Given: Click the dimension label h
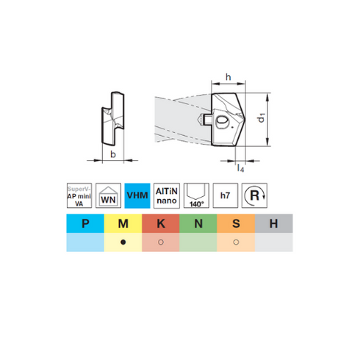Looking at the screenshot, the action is click(228, 77).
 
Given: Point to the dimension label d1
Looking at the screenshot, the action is click(261, 118).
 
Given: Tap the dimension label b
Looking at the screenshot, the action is click(113, 154).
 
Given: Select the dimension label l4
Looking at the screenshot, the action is click(240, 168).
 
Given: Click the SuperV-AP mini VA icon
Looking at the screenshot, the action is click(79, 195).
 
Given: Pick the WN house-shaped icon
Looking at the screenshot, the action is click(108, 195).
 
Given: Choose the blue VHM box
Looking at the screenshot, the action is click(137, 195).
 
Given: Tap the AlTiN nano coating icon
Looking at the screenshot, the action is click(167, 195).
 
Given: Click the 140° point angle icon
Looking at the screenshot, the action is click(196, 195).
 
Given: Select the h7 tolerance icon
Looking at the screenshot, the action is click(226, 195).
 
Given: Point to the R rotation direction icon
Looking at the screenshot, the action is click(254, 195).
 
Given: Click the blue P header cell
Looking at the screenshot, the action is click(85, 223).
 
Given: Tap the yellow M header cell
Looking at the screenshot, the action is click(123, 223).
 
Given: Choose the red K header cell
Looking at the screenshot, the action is click(161, 223).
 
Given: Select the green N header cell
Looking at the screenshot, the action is click(198, 223).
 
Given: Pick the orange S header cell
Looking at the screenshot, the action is click(236, 223).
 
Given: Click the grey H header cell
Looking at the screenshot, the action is click(274, 223).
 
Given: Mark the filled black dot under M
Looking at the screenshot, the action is click(123, 242).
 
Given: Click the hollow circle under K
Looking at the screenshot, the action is click(161, 242).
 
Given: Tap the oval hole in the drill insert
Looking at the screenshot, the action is click(222, 120).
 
